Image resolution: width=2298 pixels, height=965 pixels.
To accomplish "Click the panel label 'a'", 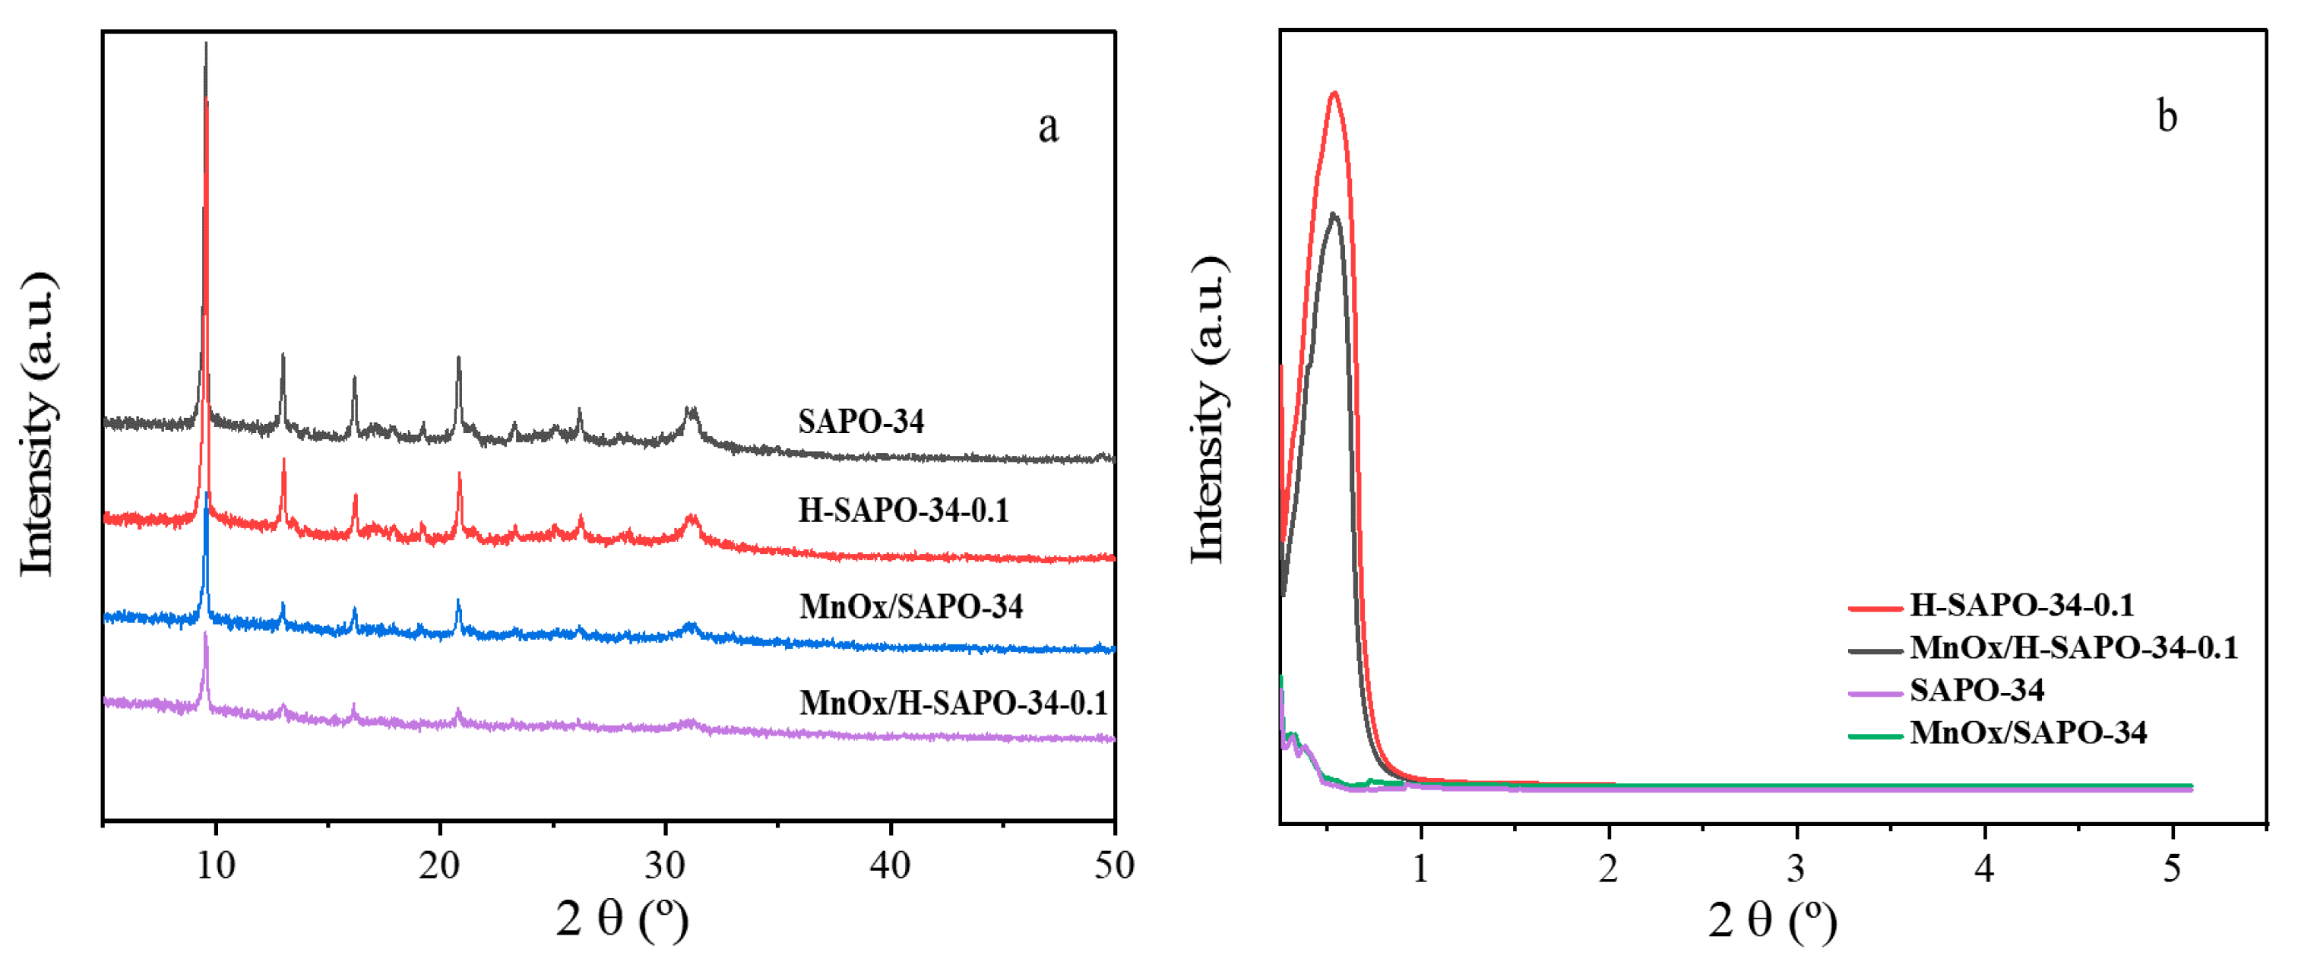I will [1048, 128].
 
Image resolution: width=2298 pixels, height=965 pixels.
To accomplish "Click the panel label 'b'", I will [2167, 117].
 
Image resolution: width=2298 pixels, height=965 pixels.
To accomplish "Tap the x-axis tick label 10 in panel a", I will [215, 865].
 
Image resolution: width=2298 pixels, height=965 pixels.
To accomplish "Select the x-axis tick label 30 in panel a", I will [665, 865].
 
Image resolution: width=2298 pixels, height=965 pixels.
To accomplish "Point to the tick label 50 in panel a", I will [1113, 865].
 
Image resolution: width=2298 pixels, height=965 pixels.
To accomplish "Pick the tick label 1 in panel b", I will [1420, 868].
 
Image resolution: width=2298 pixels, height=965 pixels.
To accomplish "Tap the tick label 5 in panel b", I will [2172, 868].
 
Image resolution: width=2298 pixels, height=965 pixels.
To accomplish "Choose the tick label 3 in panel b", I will [1796, 868].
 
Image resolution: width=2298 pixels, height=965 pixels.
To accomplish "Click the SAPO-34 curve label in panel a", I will [861, 421].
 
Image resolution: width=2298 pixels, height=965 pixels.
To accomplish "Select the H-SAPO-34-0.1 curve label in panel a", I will [903, 510].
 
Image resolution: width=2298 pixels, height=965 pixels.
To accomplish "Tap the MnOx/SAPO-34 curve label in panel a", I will [911, 606].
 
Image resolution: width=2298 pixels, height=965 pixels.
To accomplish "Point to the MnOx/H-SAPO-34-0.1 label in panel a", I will [953, 703].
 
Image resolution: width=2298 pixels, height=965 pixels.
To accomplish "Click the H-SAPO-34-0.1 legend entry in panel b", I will [2021, 605].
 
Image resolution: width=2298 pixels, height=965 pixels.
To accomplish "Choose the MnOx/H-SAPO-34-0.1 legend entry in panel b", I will [2073, 647].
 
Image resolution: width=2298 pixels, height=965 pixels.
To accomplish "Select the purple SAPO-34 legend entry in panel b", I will [1976, 689].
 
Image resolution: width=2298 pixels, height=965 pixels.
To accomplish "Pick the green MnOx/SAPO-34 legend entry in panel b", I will [2027, 732].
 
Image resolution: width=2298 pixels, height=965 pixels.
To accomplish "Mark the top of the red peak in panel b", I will [1334, 93].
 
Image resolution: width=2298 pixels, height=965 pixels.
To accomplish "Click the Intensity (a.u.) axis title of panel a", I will [37, 424].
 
